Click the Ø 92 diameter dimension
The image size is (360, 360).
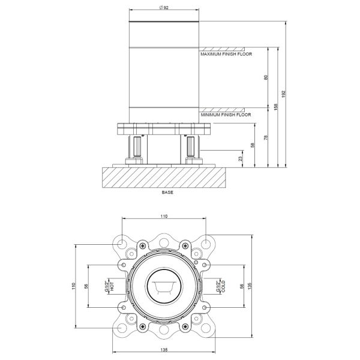click(164, 8)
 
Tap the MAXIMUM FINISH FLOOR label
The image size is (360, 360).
click(226, 54)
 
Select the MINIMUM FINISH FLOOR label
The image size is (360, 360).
click(226, 115)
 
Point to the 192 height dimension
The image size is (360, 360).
click(283, 94)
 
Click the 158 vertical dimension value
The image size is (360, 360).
click(276, 107)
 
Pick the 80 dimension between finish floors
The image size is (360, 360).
click(266, 77)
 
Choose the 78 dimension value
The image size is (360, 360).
click(266, 137)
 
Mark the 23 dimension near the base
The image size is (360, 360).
click(241, 158)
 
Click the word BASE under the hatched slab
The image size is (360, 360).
click(167, 193)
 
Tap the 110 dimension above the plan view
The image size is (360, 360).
click(164, 216)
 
